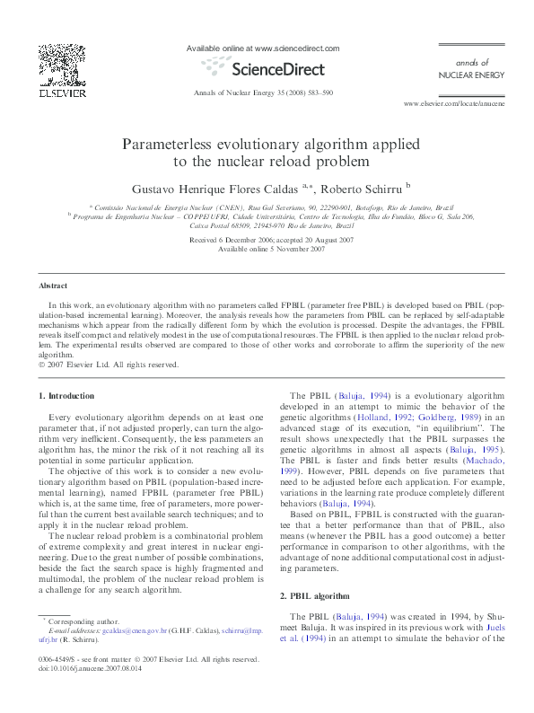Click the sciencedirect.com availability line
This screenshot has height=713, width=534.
click(x=262, y=47)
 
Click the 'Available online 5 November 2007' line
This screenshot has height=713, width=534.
click(x=266, y=249)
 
